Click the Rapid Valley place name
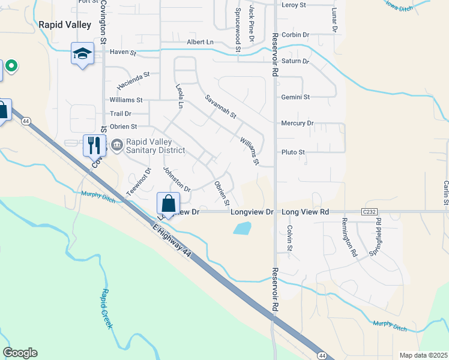[65, 25]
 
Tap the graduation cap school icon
[82, 54]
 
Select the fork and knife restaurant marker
[94, 145]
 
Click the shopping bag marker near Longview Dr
[168, 203]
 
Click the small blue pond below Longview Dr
[242, 228]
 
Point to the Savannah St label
[221, 106]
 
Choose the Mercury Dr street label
[297, 124]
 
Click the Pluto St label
[294, 152]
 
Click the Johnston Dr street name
[177, 179]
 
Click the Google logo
[20, 353]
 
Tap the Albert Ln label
[200, 42]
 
